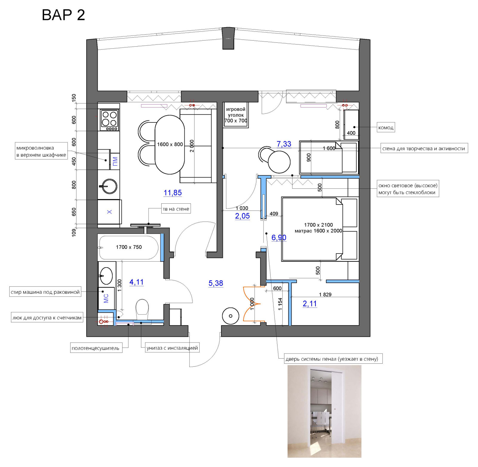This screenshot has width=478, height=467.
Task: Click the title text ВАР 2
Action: point(63,15)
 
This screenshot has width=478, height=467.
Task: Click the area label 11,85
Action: point(173,193)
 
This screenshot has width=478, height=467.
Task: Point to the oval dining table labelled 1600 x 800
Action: point(170,145)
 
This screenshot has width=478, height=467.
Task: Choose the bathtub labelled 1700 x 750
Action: point(129,247)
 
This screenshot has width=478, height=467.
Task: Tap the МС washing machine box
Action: point(106,298)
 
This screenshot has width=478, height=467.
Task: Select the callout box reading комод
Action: point(386,127)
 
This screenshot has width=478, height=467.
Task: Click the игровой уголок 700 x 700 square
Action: point(236,115)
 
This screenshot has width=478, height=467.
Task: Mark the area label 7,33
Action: point(284,144)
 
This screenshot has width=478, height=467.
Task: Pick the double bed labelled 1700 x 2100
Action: point(320,229)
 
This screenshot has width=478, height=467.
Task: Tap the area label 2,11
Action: point(310,304)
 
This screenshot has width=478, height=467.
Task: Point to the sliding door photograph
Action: point(324,411)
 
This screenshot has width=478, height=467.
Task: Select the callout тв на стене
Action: point(176,209)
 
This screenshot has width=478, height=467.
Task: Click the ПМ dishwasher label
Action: point(115,161)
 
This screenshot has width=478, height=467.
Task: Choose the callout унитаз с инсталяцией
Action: point(172,348)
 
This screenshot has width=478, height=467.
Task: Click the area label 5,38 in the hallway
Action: point(216,283)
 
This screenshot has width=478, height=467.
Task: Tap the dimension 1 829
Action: point(325,294)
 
